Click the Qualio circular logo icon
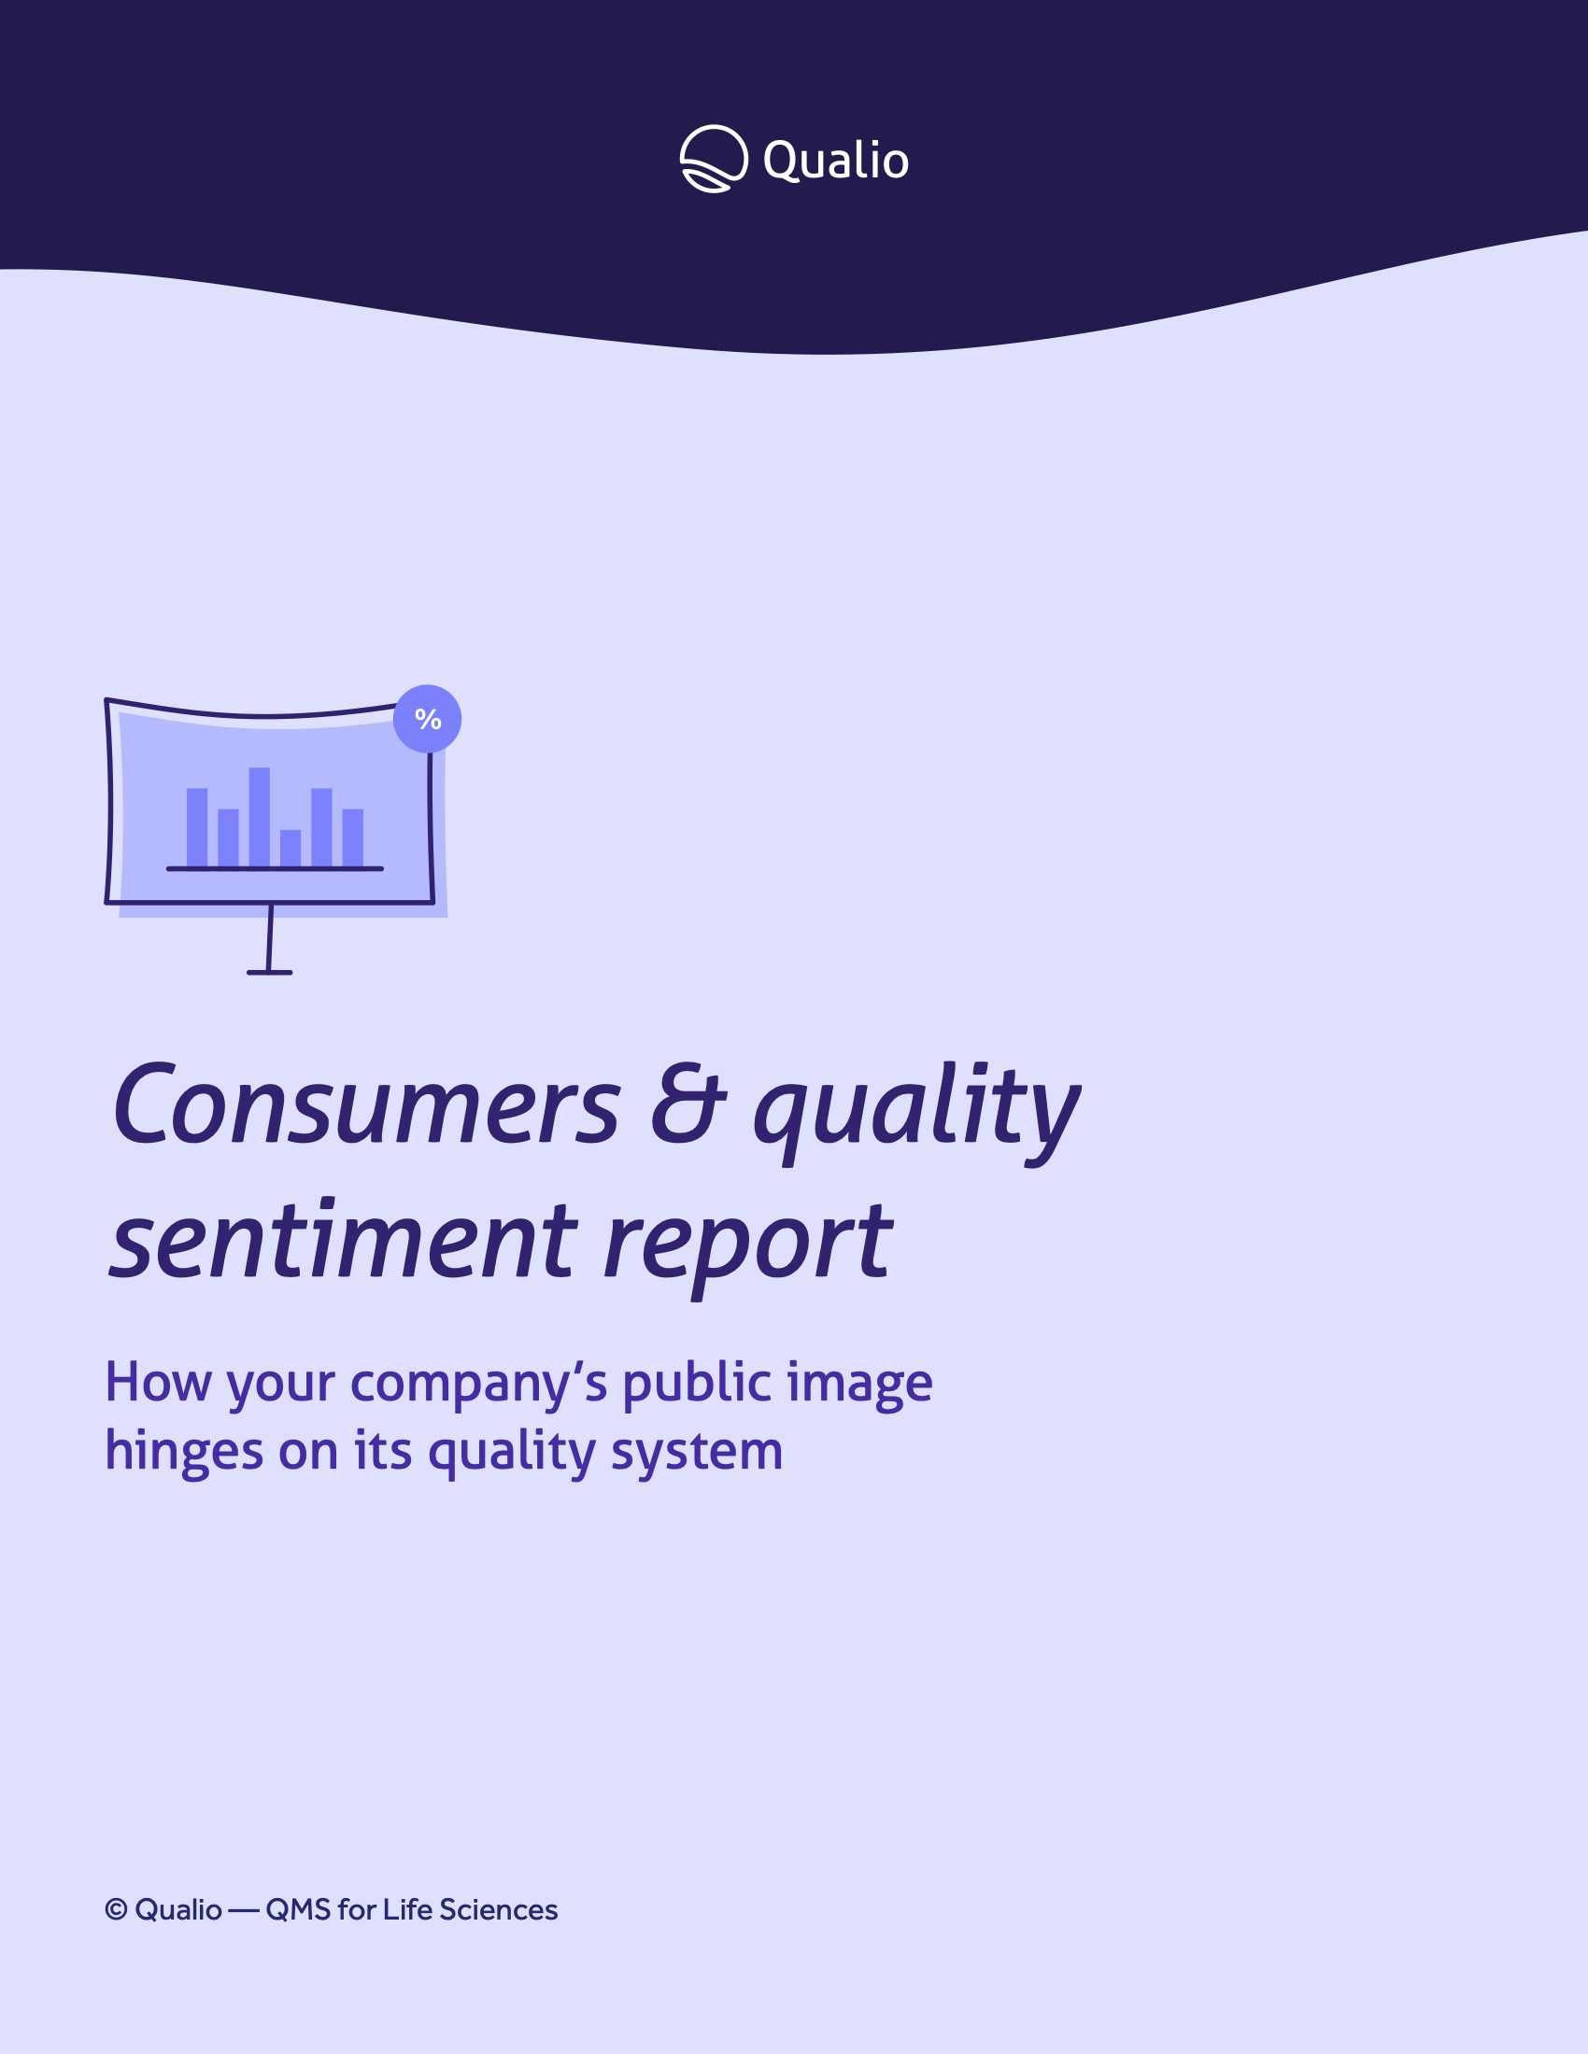coord(714,159)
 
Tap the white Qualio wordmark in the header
coord(835,161)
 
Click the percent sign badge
coord(427,720)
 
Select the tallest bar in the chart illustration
coord(260,817)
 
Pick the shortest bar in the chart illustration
coord(291,849)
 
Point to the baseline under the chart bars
coord(275,869)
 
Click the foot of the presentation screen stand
coord(270,973)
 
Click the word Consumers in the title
coord(366,1104)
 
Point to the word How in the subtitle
coord(158,1382)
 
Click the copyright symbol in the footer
coord(116,1909)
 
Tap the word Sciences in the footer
coord(499,1909)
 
